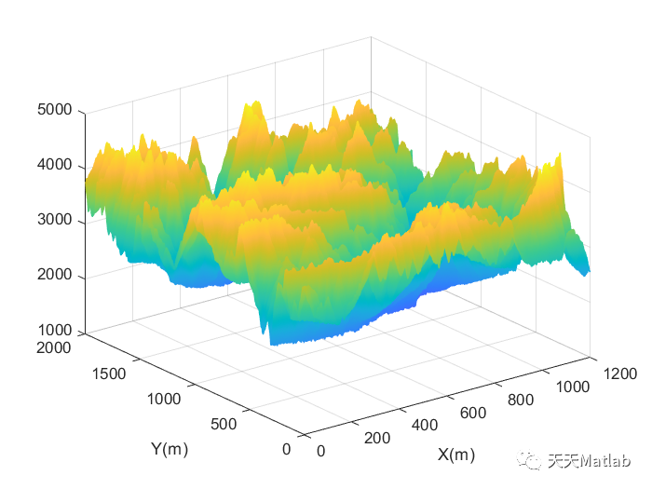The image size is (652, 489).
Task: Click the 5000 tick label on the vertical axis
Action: click(55, 110)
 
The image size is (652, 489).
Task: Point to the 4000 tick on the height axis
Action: click(55, 166)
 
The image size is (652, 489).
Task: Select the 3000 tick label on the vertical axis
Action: click(55, 221)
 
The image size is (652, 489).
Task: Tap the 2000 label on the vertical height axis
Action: click(55, 277)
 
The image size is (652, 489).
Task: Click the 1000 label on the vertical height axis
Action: click(55, 332)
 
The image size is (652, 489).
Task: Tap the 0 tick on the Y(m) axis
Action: click(286, 449)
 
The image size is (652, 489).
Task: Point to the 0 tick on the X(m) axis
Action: click(320, 452)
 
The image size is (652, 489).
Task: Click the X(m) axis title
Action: click(456, 455)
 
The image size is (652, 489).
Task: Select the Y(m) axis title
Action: click(170, 449)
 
